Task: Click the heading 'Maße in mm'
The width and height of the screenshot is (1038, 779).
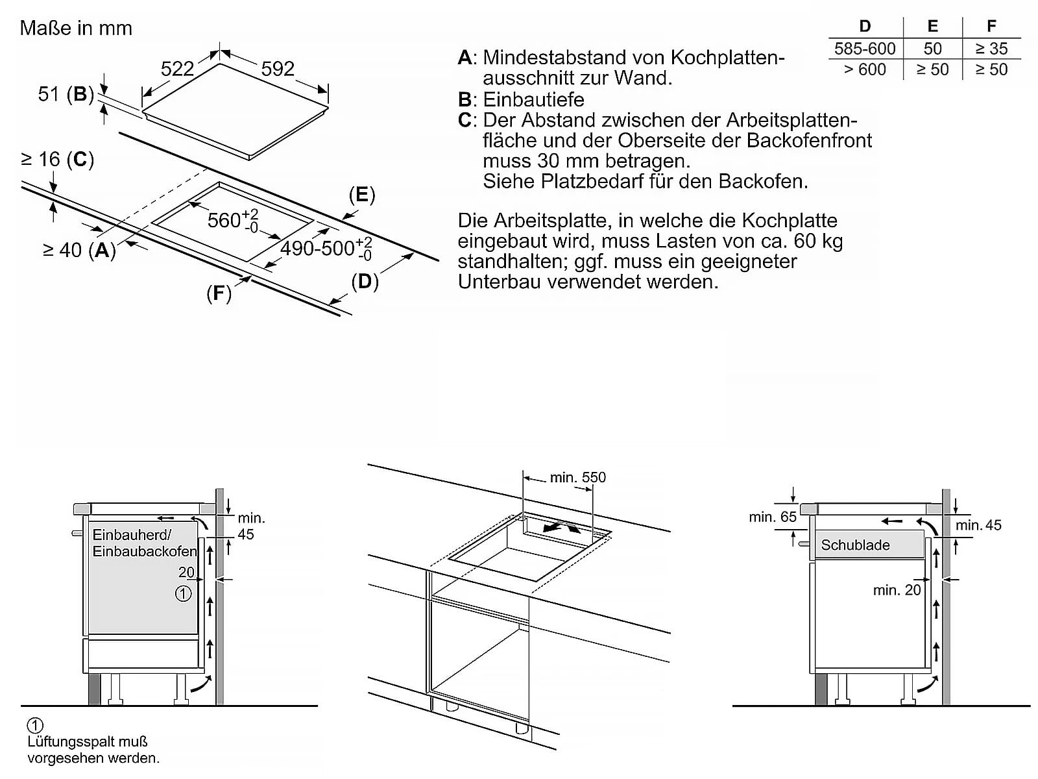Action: pos(76,28)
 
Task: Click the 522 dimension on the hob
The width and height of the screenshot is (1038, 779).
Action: pos(177,69)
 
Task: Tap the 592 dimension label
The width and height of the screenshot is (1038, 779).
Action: pos(278,69)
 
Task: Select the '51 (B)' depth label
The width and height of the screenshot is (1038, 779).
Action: pos(66,94)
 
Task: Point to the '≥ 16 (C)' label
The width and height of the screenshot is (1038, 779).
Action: pos(58,159)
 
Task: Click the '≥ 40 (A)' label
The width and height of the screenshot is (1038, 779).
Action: pos(79,250)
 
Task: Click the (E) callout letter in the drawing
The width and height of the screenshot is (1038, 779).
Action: pos(362,195)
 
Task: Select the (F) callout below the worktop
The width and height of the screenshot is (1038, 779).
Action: pos(219,294)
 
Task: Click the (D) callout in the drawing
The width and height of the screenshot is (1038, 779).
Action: pos(365,282)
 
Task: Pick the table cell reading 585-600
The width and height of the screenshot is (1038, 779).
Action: pos(865,49)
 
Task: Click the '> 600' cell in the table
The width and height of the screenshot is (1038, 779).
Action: pos(865,69)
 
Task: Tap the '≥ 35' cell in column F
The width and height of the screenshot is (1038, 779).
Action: pos(991,49)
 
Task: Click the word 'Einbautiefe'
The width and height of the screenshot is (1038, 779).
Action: pos(533,99)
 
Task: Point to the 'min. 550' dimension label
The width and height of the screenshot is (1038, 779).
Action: pos(577,478)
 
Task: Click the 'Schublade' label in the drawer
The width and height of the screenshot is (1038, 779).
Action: pos(855,545)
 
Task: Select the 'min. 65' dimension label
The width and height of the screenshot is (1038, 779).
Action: pos(772,517)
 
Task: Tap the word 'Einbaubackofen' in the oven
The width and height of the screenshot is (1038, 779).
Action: pos(144,552)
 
